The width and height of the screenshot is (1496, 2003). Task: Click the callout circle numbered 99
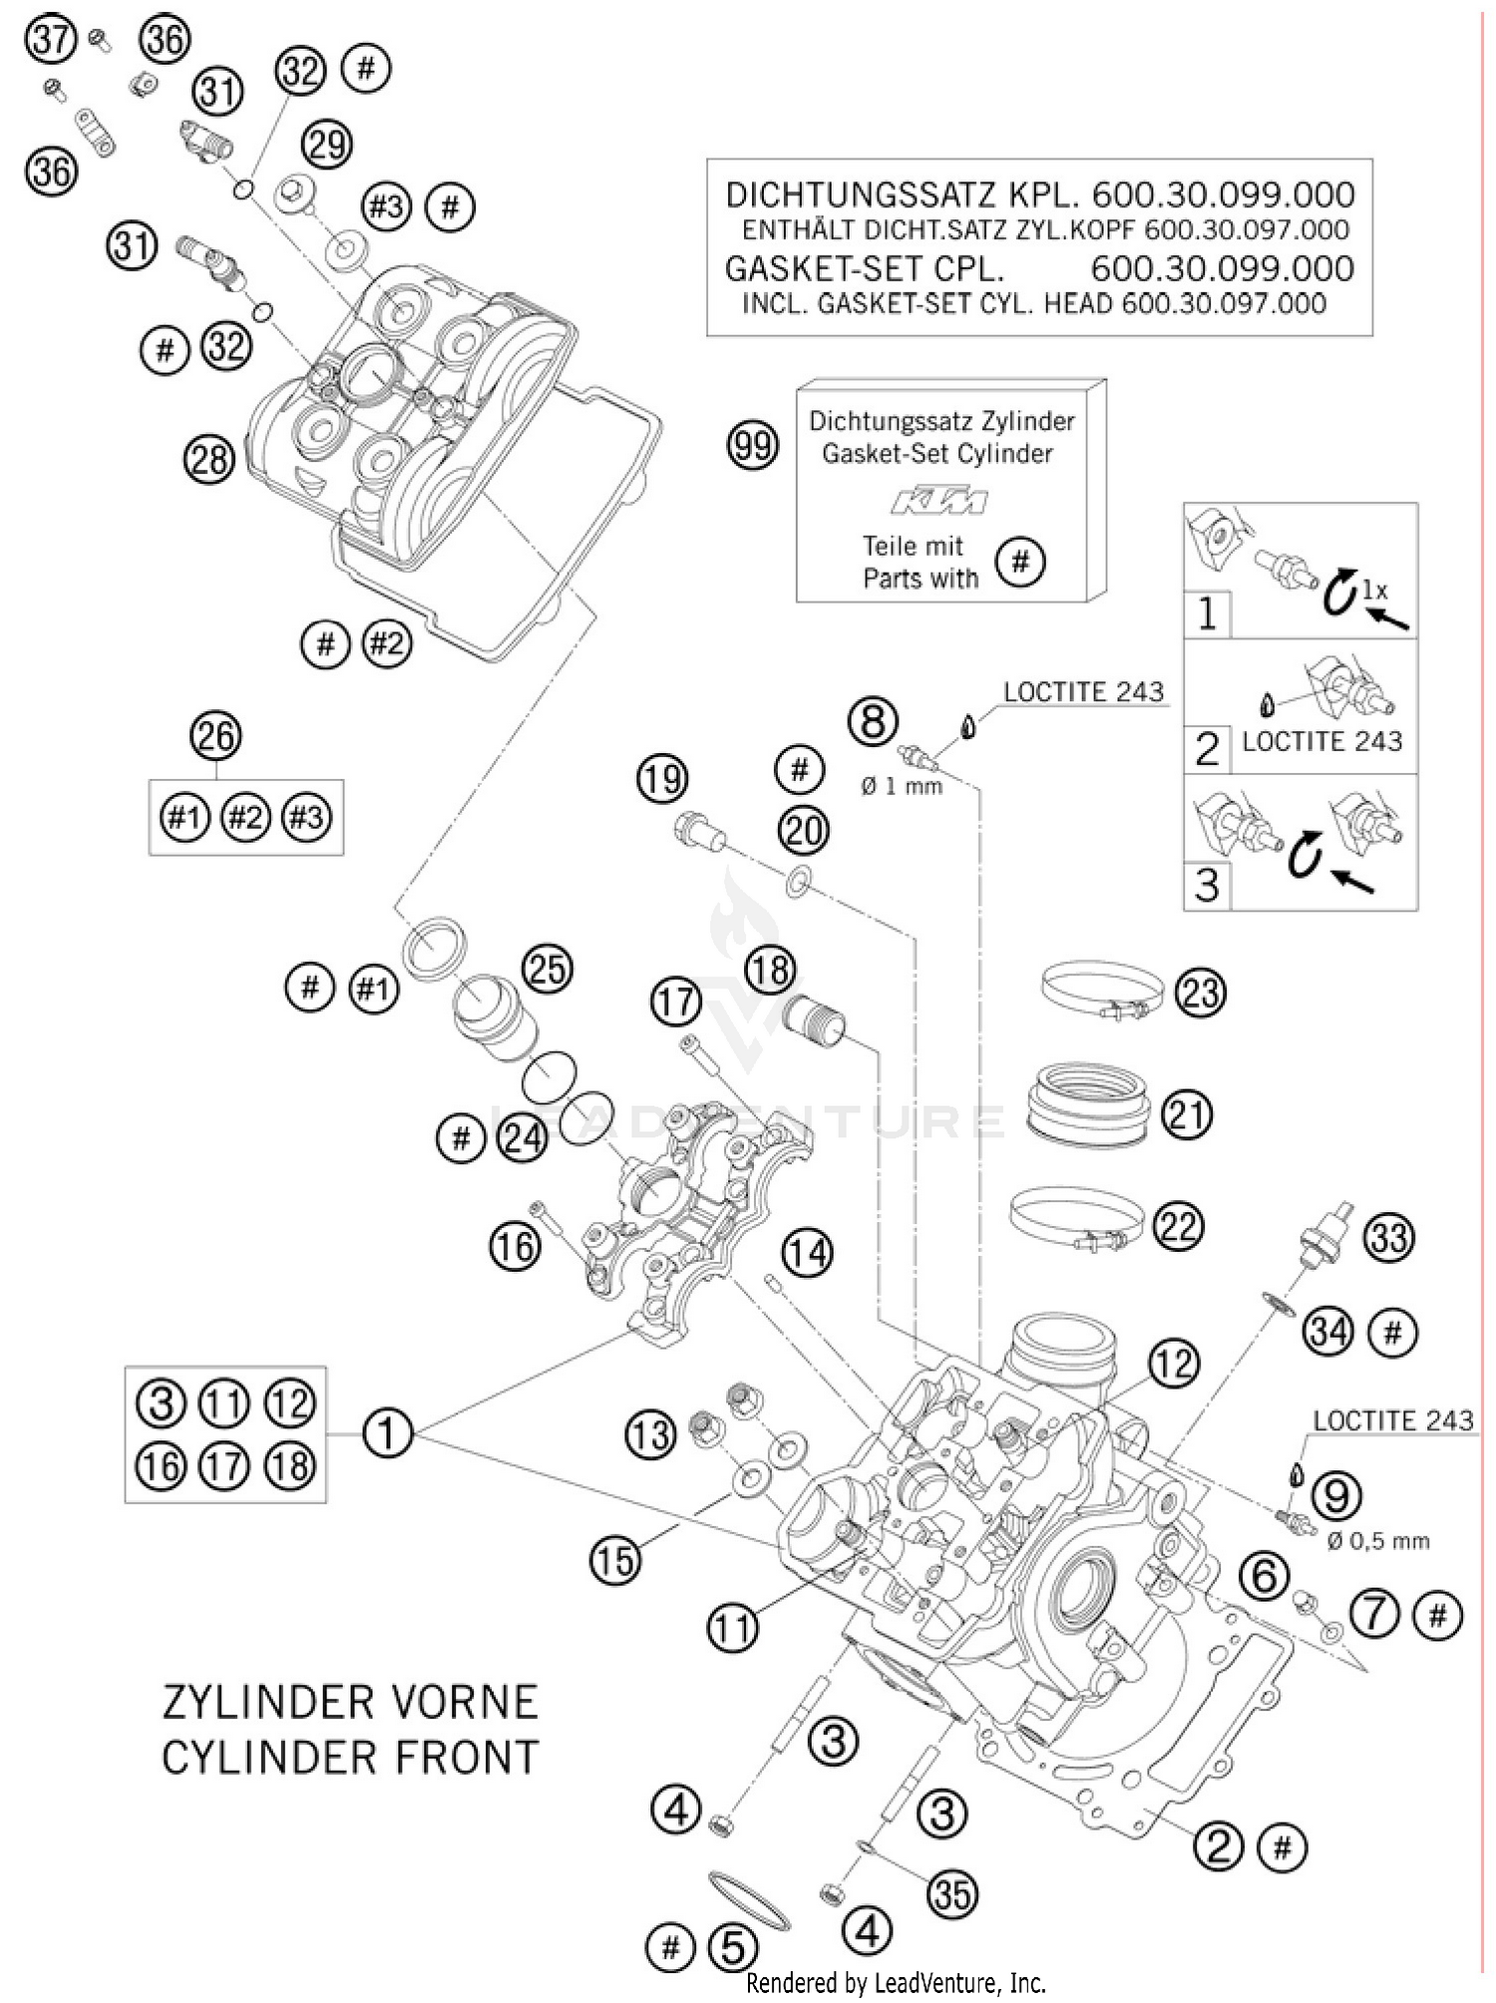click(753, 445)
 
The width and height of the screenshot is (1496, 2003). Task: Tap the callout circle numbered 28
click(208, 460)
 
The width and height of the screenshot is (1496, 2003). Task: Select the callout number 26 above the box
click(216, 736)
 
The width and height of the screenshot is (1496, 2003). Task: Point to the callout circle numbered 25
click(547, 970)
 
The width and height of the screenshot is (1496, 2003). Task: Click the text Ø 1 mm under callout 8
click(903, 786)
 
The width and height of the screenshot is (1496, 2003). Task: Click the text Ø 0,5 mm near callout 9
click(1378, 1541)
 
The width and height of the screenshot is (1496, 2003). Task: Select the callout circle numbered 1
click(387, 1433)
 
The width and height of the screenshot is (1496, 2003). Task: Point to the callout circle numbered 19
click(663, 778)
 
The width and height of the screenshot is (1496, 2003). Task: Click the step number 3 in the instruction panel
click(1207, 885)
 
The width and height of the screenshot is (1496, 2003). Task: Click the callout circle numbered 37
click(50, 40)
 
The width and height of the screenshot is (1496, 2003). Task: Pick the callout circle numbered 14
click(807, 1252)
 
